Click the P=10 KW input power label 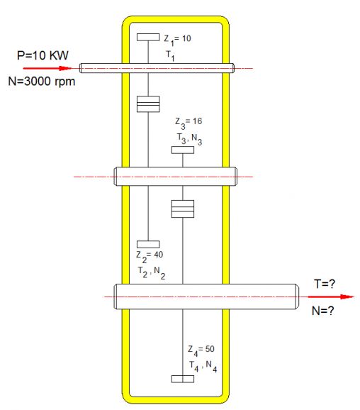43,55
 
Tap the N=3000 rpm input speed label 42,82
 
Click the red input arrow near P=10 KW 47,69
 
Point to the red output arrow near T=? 331,297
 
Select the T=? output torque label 324,284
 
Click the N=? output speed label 323,311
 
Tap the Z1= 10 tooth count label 177,40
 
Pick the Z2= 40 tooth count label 150,256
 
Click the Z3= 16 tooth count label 189,123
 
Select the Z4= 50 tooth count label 201,350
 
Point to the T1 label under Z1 170,56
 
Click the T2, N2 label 152,272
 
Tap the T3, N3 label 190,139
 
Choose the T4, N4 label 203,366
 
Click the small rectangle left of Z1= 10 148,37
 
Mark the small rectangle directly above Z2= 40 148,244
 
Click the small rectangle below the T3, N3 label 183,150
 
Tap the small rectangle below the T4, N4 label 183,379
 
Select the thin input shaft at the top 157,68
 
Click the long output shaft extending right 206,297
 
